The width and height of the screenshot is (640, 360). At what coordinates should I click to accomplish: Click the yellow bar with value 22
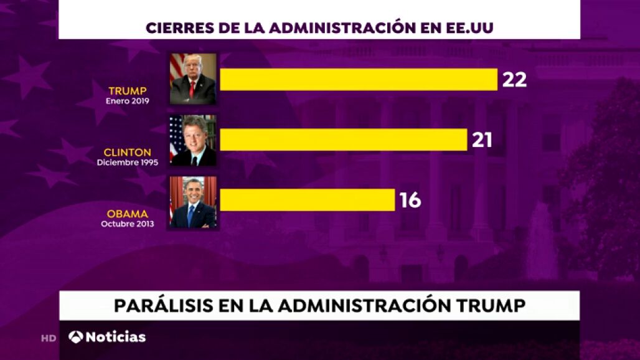pyautogui.click(x=359, y=79)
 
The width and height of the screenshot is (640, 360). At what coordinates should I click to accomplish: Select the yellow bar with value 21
pyautogui.click(x=343, y=140)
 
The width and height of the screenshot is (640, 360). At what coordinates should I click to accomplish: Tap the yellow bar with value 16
pyautogui.click(x=307, y=200)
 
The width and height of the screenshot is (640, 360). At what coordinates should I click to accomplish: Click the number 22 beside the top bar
pyautogui.click(x=514, y=79)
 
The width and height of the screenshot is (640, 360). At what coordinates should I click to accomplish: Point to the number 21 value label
pyautogui.click(x=482, y=140)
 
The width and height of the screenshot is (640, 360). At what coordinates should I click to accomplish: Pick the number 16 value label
pyautogui.click(x=410, y=200)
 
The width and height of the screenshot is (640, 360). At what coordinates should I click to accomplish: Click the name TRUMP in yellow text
pyautogui.click(x=128, y=91)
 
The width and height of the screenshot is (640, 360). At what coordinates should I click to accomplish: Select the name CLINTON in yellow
pyautogui.click(x=128, y=152)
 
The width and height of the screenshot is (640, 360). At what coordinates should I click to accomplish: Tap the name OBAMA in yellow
pyautogui.click(x=128, y=214)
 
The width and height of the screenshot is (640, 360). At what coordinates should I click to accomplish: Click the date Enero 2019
pyautogui.click(x=128, y=101)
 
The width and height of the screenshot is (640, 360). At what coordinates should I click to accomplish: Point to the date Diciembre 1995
pyautogui.click(x=128, y=163)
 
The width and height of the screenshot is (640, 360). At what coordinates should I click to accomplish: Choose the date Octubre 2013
pyautogui.click(x=128, y=224)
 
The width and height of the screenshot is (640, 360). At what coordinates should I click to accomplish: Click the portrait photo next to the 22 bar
pyautogui.click(x=193, y=79)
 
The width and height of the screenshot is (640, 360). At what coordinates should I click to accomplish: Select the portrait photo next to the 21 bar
pyautogui.click(x=193, y=140)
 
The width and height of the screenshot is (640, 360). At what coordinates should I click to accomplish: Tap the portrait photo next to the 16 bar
pyautogui.click(x=193, y=202)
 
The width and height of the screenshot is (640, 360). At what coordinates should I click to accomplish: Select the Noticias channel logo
pyautogui.click(x=107, y=337)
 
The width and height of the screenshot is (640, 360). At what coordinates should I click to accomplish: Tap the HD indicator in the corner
pyautogui.click(x=49, y=338)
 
